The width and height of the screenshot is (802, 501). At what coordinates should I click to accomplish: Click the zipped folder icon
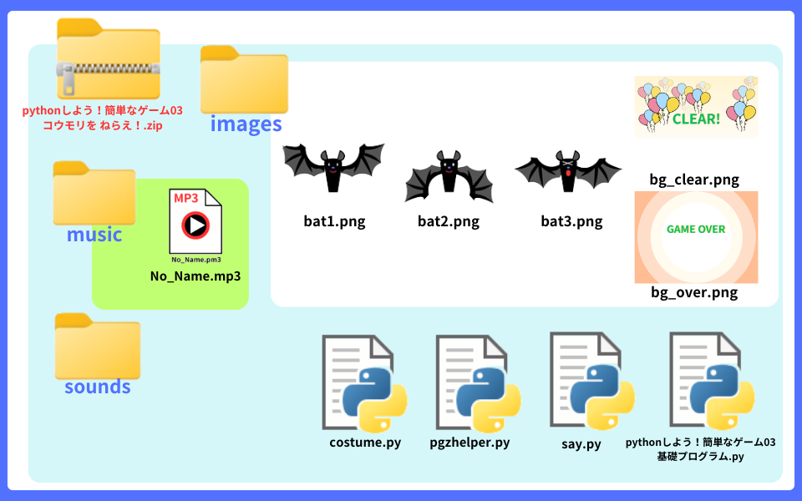[x=108, y=58]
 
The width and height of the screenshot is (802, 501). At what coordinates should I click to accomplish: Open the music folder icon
[x=94, y=193]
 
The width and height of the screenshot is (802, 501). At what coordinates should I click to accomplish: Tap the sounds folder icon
[x=97, y=347]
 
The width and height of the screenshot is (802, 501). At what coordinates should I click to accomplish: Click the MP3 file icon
[x=196, y=221]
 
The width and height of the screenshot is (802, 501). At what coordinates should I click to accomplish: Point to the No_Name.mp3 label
[x=195, y=276]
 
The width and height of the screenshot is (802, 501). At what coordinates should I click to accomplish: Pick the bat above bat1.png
[x=333, y=170]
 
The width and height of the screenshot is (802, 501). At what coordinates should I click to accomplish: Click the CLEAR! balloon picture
[x=696, y=106]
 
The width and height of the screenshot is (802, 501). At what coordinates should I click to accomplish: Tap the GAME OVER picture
[x=696, y=236]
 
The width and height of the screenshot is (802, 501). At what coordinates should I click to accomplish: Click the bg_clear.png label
[x=694, y=180]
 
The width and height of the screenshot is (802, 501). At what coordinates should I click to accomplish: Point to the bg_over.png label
[x=694, y=293]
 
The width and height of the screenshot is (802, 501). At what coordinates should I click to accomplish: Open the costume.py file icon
[x=364, y=383]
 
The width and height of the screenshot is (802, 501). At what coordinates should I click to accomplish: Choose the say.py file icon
[x=591, y=381]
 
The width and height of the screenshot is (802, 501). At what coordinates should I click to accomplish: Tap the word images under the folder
[x=246, y=124]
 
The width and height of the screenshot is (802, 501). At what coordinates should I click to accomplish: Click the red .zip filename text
[x=104, y=118]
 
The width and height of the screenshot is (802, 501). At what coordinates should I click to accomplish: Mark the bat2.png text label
[x=449, y=221]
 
